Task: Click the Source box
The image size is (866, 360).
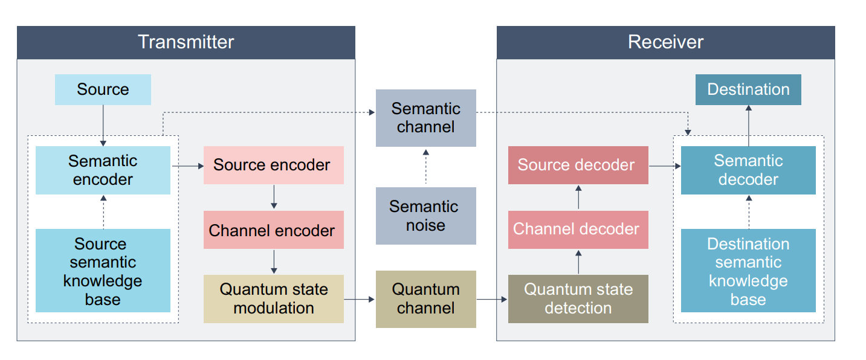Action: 103,89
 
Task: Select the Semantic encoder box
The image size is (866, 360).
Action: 103,170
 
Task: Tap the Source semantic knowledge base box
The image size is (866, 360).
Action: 103,271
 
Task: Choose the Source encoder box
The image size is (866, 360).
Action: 273,165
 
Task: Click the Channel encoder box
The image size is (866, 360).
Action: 273,230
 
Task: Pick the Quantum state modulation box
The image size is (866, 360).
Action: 273,298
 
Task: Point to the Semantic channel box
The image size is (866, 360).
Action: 425,118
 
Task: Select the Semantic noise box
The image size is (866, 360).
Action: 425,216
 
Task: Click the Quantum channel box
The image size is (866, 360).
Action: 425,298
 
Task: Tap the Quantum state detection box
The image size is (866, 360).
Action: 578,298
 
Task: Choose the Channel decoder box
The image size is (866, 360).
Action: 578,230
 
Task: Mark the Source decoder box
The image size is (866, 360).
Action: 578,165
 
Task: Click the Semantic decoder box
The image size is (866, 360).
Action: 748,170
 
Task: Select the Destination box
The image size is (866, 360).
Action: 748,89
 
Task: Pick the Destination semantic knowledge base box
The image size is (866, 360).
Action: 748,271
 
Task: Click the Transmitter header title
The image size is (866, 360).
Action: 186,42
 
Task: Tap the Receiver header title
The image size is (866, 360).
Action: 665,42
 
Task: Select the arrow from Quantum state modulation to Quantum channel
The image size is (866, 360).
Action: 360,299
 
